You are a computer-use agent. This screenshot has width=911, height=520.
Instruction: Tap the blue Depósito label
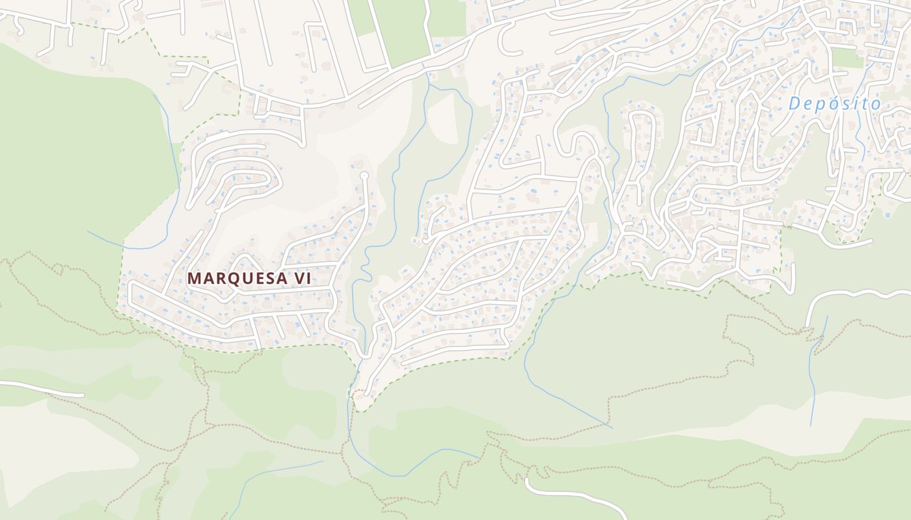pos(834,103)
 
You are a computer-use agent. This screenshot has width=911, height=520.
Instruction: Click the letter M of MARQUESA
pos(195,278)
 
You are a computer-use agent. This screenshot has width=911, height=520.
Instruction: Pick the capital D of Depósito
pos(795,103)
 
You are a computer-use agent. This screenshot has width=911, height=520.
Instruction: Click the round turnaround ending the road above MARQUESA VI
pos(364,175)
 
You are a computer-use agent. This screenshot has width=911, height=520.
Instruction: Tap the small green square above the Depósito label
pos(846,57)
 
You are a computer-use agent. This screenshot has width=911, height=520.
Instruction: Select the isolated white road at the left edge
pos(39,388)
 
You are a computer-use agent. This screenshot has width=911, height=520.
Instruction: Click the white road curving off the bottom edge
pos(573,494)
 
